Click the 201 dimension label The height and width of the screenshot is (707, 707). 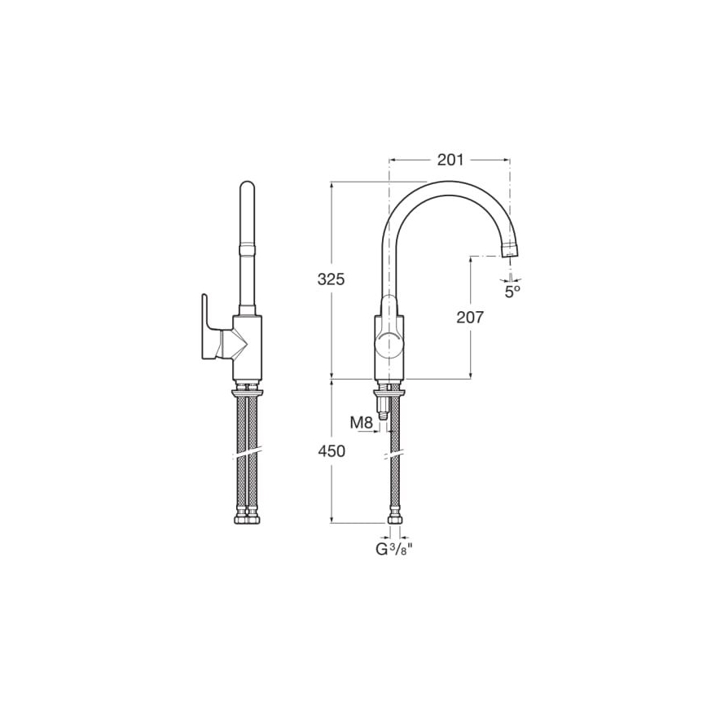[450, 160]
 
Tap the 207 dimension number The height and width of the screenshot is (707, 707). [470, 318]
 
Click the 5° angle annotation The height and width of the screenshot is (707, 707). [512, 291]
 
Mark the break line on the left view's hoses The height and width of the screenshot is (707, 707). [247, 451]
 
